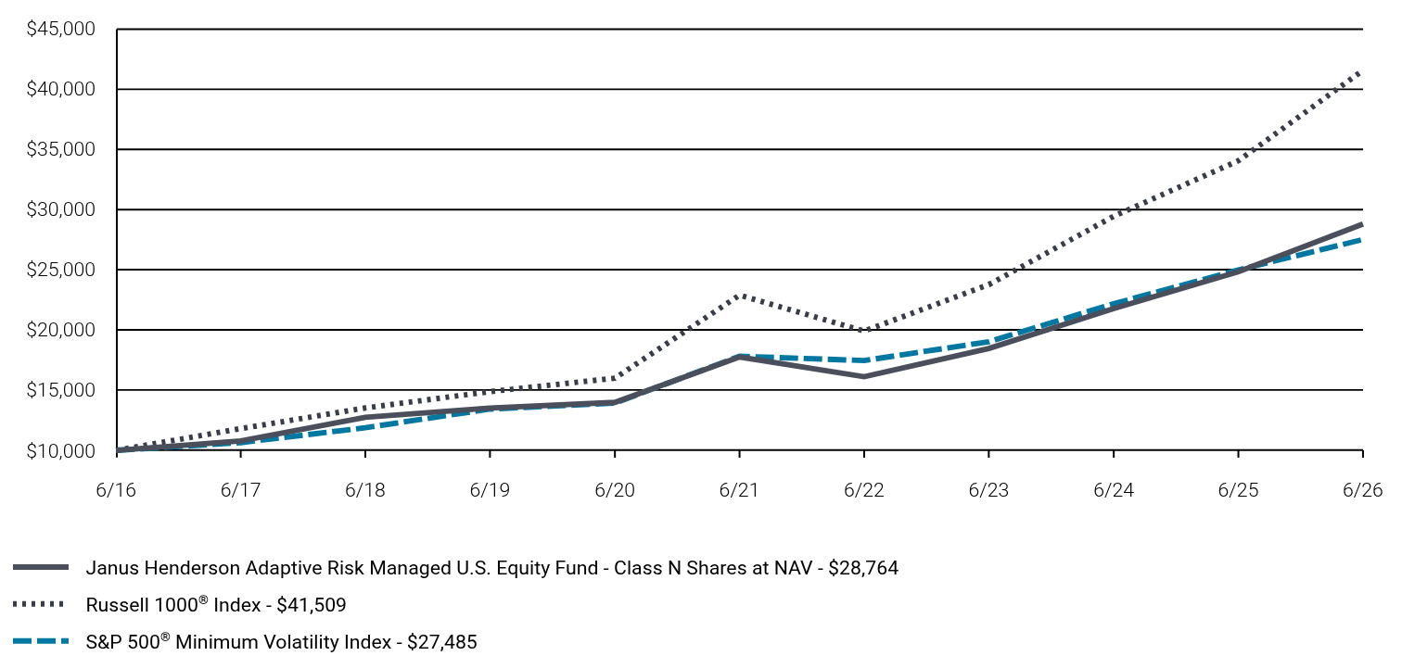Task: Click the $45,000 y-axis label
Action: click(x=60, y=29)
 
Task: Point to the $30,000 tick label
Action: click(x=60, y=209)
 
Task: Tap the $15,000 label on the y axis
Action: click(x=60, y=390)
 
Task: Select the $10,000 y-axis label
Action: click(x=60, y=451)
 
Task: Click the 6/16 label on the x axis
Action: click(x=116, y=489)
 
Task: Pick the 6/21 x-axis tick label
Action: click(x=739, y=489)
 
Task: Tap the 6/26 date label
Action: click(x=1362, y=489)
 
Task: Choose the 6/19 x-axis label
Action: click(x=491, y=489)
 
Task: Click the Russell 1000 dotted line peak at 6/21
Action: click(x=740, y=296)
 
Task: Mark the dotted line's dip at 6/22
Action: click(x=864, y=330)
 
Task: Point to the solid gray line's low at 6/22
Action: click(x=864, y=376)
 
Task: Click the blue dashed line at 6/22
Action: click(x=864, y=360)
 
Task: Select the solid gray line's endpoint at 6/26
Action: click(x=1360, y=224)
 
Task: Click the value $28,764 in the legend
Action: click(x=863, y=568)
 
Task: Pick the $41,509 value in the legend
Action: click(x=311, y=605)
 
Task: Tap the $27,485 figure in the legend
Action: click(x=442, y=642)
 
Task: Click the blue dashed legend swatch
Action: click(x=41, y=641)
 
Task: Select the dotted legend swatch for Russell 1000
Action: click(x=38, y=605)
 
